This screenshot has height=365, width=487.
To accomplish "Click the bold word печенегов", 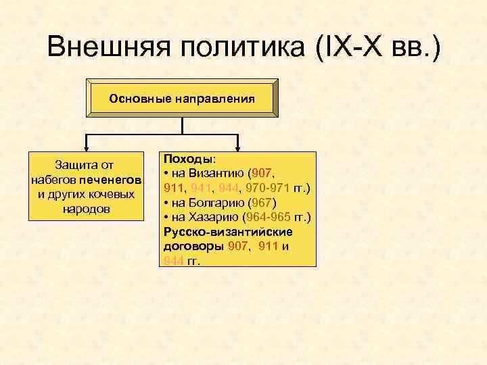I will pyautogui.click(x=110, y=180).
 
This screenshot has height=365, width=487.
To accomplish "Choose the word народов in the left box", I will pyautogui.click(x=86, y=209).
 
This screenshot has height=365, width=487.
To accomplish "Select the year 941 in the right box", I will pyautogui.click(x=202, y=187).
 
